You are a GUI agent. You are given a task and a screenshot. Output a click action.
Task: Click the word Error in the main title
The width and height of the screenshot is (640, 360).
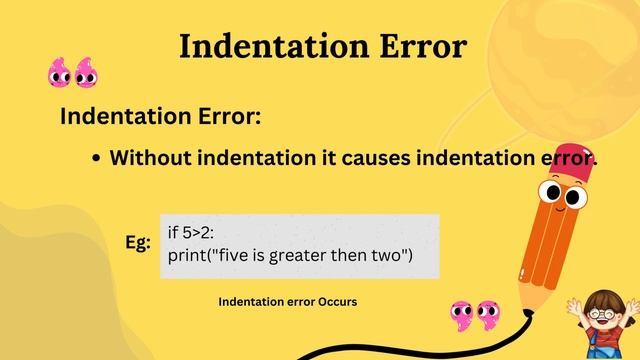tap(419, 46)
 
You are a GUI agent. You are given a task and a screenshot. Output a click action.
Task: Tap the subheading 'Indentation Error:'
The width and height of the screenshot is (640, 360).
tap(160, 116)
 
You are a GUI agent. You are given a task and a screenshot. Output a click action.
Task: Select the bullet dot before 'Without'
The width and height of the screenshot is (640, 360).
tap(95, 159)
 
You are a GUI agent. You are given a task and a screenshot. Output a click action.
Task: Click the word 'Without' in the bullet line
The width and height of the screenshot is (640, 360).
tap(150, 158)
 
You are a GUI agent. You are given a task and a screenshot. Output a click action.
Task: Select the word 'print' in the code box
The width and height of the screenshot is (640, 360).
tap(187, 256)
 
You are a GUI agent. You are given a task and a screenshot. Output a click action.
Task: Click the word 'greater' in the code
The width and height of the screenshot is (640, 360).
tap(316, 256)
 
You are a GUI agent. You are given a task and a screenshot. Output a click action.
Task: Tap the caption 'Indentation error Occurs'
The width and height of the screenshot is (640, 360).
tap(287, 301)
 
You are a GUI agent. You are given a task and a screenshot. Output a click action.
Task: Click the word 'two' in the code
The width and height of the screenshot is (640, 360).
tap(393, 256)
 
